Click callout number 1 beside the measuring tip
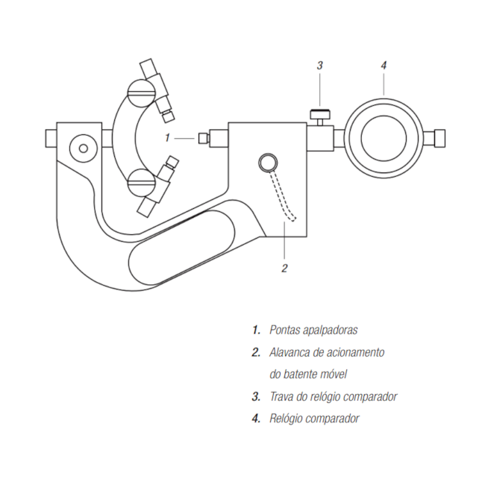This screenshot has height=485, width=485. pyautogui.click(x=169, y=137)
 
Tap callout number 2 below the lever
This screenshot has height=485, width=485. pyautogui.click(x=284, y=267)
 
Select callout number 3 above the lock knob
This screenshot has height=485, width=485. pyautogui.click(x=319, y=66)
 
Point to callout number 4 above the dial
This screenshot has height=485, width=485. pyautogui.click(x=384, y=66)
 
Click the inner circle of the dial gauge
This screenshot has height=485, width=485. pyautogui.click(x=384, y=138)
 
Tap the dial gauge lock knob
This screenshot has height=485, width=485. pyautogui.click(x=321, y=116)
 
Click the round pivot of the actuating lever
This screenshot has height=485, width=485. pyautogui.click(x=267, y=162)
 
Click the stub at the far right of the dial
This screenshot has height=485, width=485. pyautogui.click(x=439, y=137)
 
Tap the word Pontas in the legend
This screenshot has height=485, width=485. pyautogui.click(x=286, y=329)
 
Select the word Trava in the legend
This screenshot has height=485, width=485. pyautogui.click(x=283, y=396)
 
